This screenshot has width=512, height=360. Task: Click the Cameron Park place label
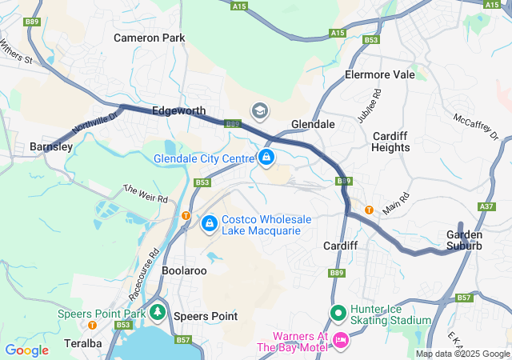[x=149, y=38]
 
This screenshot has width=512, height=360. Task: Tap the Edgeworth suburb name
[x=178, y=111]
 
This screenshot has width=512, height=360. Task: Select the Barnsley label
[x=51, y=146]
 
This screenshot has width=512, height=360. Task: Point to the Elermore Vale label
[x=380, y=74]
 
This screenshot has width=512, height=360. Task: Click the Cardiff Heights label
[x=391, y=142]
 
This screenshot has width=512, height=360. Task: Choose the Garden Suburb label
[x=464, y=240]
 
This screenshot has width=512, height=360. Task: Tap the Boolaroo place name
[x=184, y=270]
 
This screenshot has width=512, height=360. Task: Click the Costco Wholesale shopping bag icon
[x=209, y=223]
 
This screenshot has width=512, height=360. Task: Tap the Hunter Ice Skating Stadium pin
[x=338, y=313]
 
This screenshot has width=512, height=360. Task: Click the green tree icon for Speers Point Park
[x=158, y=313]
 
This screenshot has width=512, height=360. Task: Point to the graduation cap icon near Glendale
[x=260, y=110]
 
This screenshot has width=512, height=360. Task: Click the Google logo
[x=26, y=350]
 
